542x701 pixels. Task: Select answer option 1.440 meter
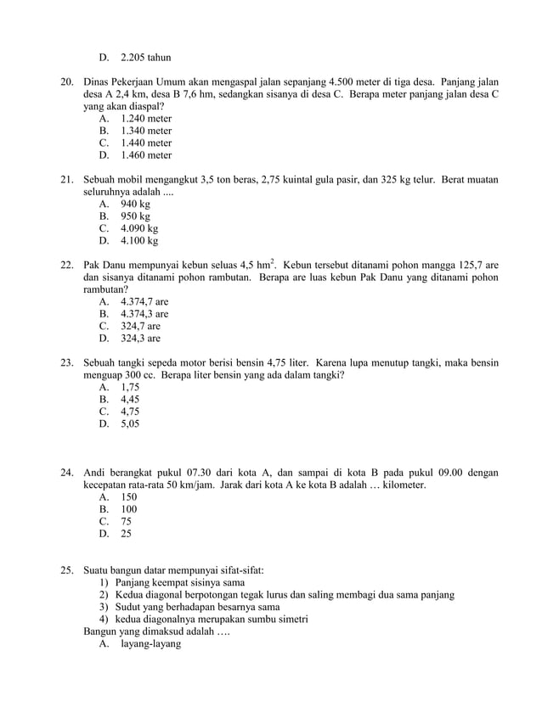click(x=146, y=143)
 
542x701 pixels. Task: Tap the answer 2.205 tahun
click(x=146, y=58)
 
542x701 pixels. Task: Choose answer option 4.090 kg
click(x=139, y=229)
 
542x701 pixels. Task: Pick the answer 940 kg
click(x=136, y=205)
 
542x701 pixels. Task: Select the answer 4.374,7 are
click(x=144, y=302)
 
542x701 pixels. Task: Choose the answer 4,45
click(x=130, y=399)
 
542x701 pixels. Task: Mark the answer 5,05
click(x=130, y=423)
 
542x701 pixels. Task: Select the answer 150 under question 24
click(x=129, y=497)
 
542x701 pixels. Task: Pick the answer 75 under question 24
click(x=127, y=522)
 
